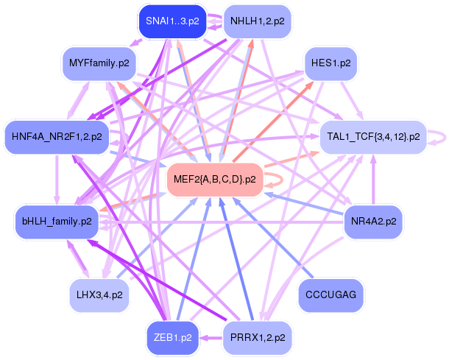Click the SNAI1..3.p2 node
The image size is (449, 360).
pyautogui.click(x=172, y=22)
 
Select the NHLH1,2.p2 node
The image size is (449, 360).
pyautogui.click(x=258, y=22)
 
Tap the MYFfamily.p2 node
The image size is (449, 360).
pyautogui.click(x=99, y=63)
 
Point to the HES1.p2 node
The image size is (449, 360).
pyautogui.click(x=330, y=63)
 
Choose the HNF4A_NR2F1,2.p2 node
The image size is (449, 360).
pyautogui.click(x=57, y=136)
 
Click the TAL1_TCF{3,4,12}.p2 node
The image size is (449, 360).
pyautogui.click(x=372, y=137)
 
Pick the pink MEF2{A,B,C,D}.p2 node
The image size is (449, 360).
pyautogui.click(x=214, y=179)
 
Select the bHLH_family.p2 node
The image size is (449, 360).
pyautogui.click(x=57, y=221)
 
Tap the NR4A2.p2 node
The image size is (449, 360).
pyautogui.click(x=373, y=221)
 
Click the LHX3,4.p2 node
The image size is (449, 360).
pyautogui.click(x=100, y=294)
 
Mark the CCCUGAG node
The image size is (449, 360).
pyautogui.click(x=330, y=294)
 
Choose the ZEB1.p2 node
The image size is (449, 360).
pyautogui.click(x=173, y=338)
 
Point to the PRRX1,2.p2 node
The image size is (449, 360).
pyautogui.click(x=258, y=338)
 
